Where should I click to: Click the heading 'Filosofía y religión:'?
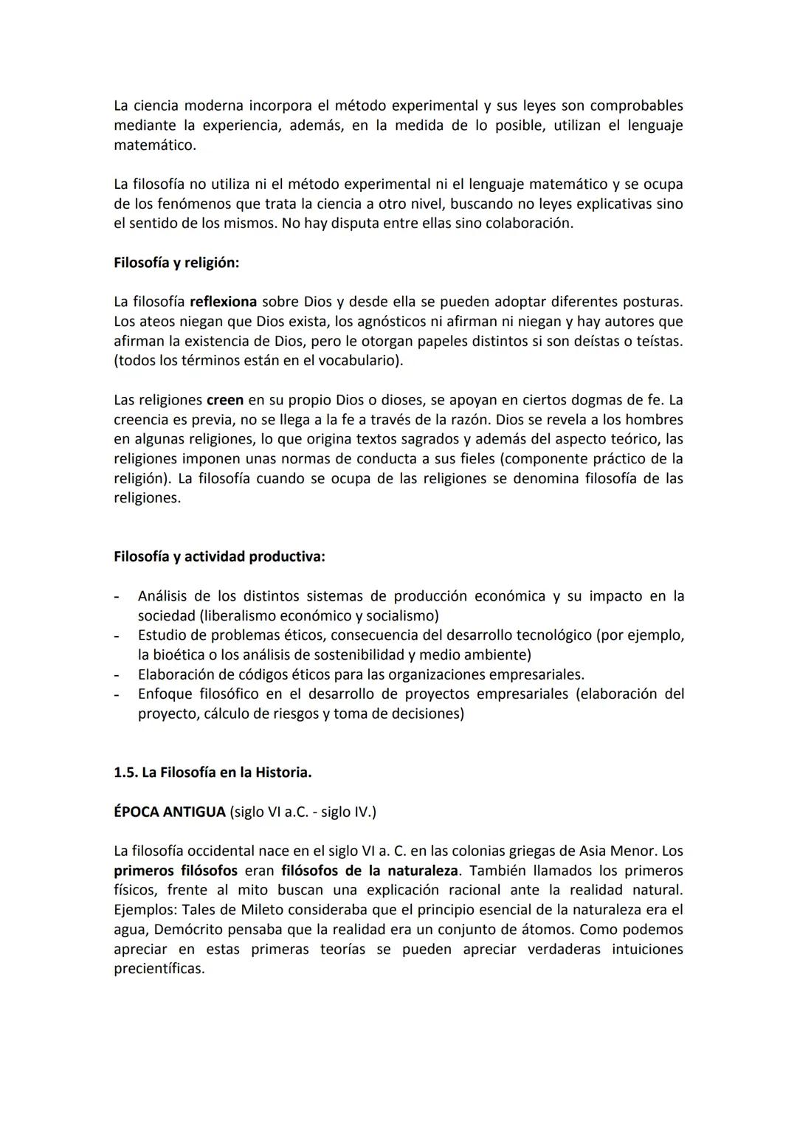click(x=176, y=263)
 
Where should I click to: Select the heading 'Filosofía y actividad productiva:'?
click(x=219, y=556)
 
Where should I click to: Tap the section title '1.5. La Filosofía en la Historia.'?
click(x=213, y=773)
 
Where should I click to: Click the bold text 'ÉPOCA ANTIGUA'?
click(x=170, y=812)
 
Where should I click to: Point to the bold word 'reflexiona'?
click(x=224, y=302)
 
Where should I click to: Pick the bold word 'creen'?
click(x=224, y=400)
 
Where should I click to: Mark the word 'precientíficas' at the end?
click(x=158, y=969)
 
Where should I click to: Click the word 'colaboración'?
click(x=528, y=223)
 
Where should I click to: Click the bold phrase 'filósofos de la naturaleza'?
click(x=369, y=871)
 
